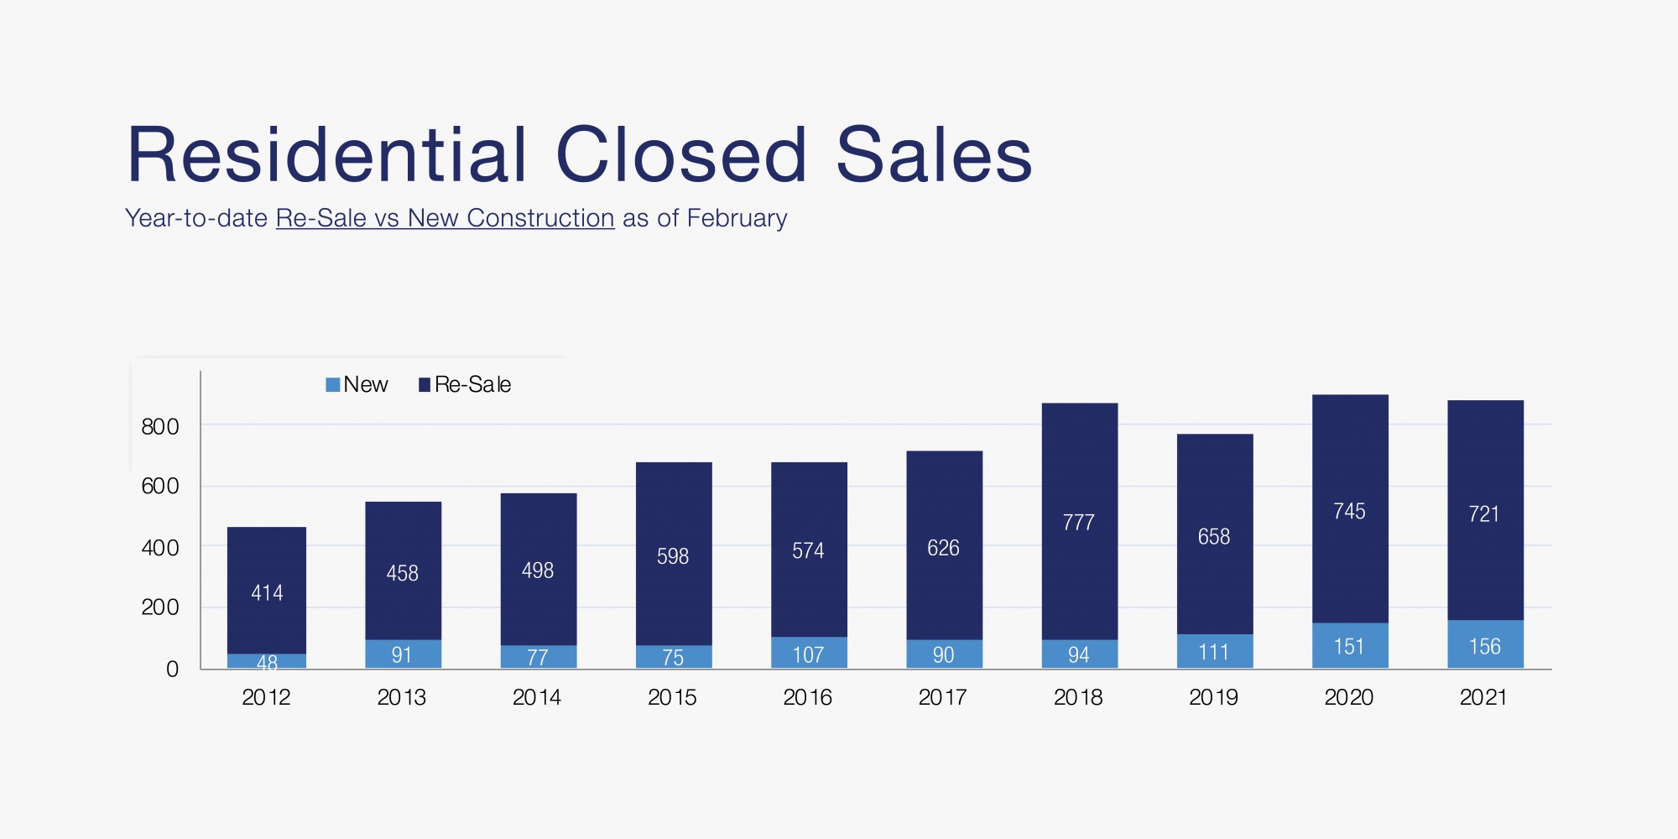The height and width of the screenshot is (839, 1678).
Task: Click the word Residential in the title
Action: tap(327, 155)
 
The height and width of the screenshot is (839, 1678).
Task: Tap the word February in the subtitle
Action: tap(737, 218)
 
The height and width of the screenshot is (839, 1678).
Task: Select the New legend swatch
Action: tap(333, 385)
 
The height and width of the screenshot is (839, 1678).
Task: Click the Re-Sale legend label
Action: tap(472, 385)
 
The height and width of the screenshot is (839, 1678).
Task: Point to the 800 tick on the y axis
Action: tap(160, 427)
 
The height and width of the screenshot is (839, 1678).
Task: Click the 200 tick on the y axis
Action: tap(160, 607)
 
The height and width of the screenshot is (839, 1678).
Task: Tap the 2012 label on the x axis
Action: tap(266, 697)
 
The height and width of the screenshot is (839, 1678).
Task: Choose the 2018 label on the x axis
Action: tap(1078, 697)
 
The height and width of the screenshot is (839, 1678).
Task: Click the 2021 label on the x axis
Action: tap(1483, 697)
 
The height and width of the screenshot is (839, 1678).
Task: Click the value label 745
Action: tap(1349, 512)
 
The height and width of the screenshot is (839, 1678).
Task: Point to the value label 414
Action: tap(267, 593)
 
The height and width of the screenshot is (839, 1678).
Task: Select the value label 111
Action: tap(1213, 652)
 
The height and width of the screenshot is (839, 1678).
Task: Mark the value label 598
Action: tap(673, 556)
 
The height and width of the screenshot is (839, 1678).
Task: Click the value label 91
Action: tap(402, 654)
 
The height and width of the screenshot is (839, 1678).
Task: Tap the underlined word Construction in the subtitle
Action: tap(540, 218)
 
